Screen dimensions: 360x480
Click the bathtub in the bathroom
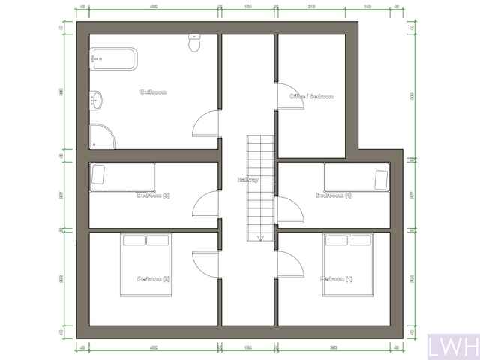[113, 58]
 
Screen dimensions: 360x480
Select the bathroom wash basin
[96, 98]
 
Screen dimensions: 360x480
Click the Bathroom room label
[153, 92]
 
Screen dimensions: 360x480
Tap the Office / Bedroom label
[311, 97]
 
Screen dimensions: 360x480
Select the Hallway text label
[247, 180]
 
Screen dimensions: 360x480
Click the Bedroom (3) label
[153, 196]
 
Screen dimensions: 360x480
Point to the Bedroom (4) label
[333, 196]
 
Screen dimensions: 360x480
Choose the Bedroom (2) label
[153, 279]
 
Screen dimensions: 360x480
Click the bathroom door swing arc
[205, 124]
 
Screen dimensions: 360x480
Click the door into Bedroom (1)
[289, 265]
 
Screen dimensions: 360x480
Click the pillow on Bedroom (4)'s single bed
[381, 179]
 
